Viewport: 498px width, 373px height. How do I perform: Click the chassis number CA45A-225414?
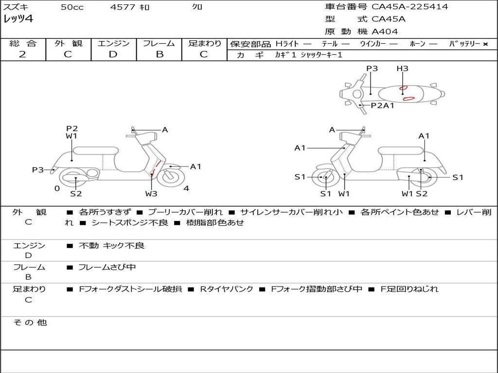[x=409, y=7]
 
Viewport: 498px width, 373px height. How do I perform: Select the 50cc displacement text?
[x=72, y=7]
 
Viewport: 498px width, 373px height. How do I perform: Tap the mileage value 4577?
[x=121, y=7]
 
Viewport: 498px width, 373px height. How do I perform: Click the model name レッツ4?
[x=18, y=19]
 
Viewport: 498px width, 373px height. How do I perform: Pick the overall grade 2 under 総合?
[x=22, y=54]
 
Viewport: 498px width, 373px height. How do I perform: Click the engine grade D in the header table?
[x=113, y=54]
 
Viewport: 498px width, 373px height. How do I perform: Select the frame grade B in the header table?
[x=160, y=54]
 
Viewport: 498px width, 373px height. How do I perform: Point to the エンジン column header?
[x=113, y=43]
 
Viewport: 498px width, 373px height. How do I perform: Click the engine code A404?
[x=385, y=32]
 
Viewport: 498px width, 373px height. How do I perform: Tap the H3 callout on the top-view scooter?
[x=402, y=68]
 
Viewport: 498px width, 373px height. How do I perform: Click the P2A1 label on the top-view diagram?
[x=382, y=105]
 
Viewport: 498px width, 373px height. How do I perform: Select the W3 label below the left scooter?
[x=151, y=194]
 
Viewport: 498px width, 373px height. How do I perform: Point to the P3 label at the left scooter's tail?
[x=38, y=170]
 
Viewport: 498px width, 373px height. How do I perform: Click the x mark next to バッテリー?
[x=485, y=44]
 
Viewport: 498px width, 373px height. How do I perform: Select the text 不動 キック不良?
[x=112, y=246]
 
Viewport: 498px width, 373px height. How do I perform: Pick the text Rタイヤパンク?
[x=227, y=289]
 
